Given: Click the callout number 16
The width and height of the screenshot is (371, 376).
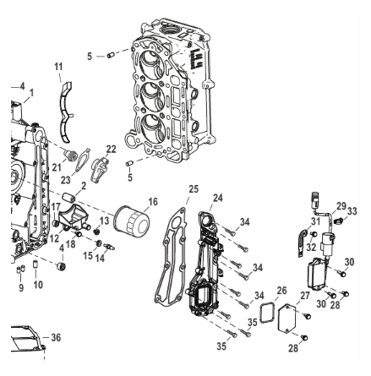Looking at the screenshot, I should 152,204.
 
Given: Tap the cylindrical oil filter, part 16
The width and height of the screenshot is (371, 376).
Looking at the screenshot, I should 132,221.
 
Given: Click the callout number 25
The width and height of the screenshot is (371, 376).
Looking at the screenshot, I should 193,190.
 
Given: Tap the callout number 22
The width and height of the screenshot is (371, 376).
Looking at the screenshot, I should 111,148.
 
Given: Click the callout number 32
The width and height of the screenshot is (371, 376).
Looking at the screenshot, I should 314,248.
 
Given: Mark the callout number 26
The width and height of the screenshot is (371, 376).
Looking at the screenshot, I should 281,290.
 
